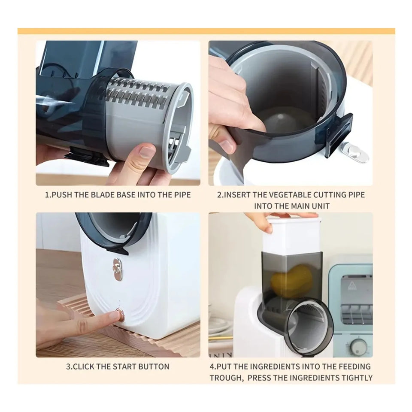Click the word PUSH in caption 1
pos(62,195)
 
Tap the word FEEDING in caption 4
pos(354,367)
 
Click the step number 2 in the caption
pos(219,195)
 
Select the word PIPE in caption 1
pos(182,195)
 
